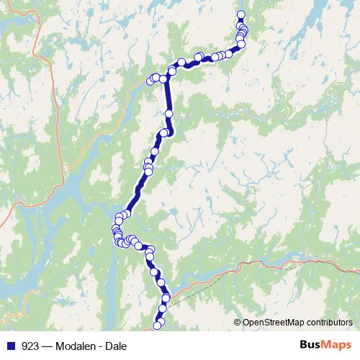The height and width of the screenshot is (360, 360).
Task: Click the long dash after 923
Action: pyautogui.click(x=46, y=346)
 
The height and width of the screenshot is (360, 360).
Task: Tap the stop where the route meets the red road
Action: pyautogui.click(x=166, y=297)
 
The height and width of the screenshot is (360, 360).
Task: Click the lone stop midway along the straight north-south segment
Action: pyautogui.click(x=169, y=113)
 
